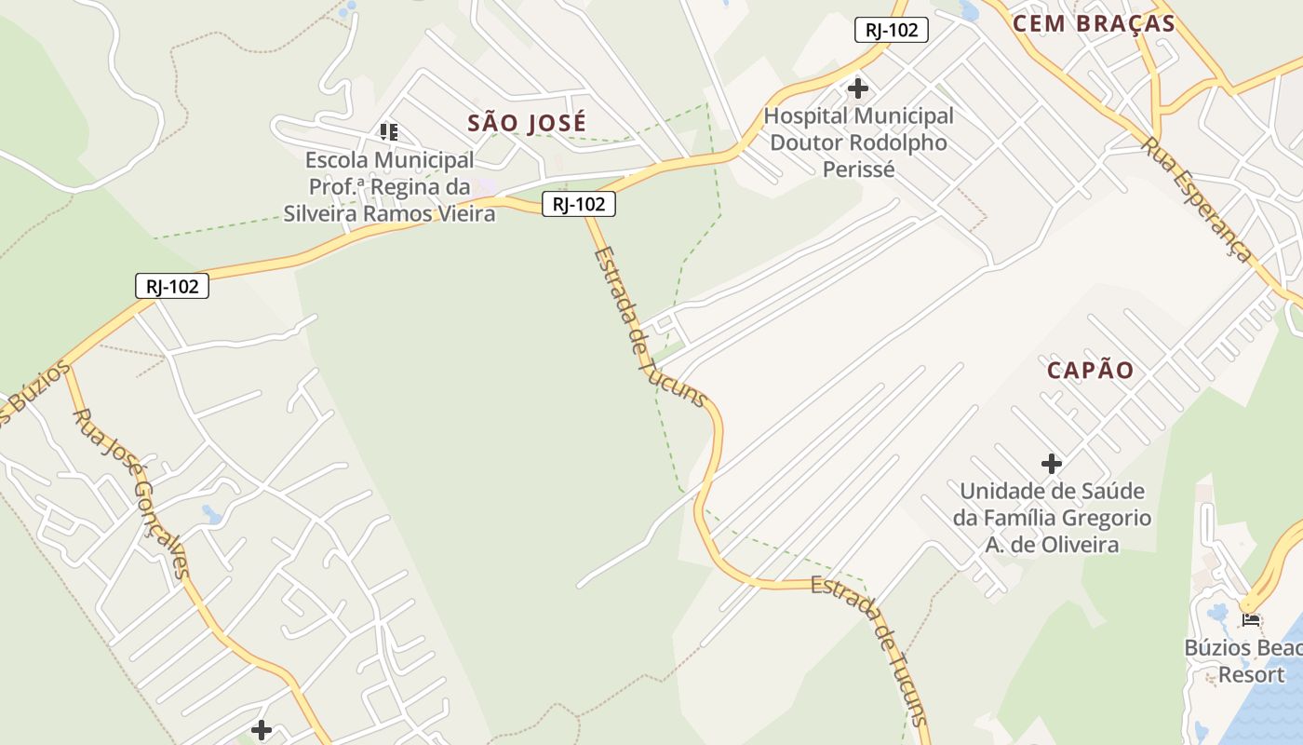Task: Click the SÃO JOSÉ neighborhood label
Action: click(527, 123)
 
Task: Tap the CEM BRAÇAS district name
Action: click(1094, 24)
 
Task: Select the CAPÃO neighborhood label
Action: click(1090, 371)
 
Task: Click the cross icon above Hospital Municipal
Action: click(858, 89)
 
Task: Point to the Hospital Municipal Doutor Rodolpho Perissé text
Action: click(858, 142)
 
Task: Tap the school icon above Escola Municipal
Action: click(389, 132)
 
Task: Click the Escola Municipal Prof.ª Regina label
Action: click(389, 187)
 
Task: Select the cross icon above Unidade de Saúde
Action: click(1052, 463)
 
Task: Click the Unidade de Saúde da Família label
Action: click(1052, 518)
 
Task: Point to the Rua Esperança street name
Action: click(1197, 200)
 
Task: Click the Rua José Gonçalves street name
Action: click(132, 493)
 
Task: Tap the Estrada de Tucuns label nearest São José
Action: click(650, 326)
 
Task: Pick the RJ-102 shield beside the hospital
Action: click(891, 30)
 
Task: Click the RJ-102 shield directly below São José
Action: click(578, 204)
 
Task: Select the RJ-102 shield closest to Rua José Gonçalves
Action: click(172, 286)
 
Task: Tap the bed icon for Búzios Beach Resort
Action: click(1250, 618)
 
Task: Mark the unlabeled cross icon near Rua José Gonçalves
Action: click(262, 729)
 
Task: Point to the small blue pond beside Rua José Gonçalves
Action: click(211, 514)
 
